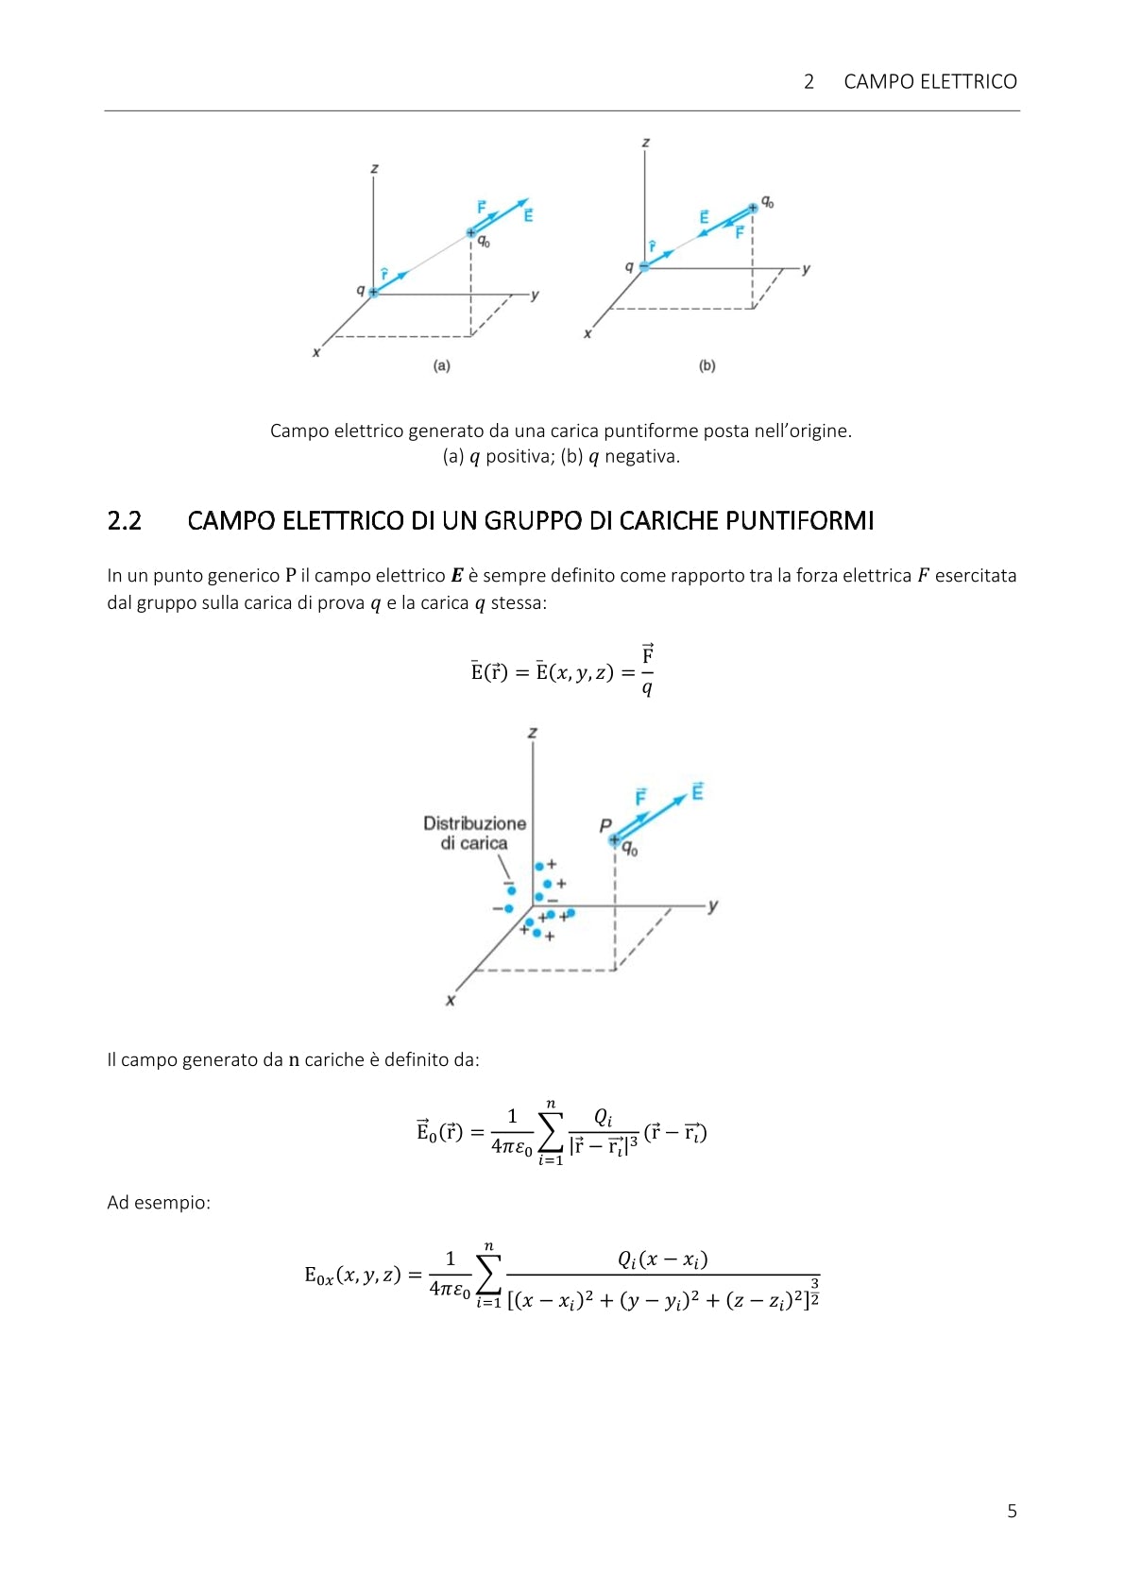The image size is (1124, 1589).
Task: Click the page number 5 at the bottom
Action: click(x=1012, y=1511)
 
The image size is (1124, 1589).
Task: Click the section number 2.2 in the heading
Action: click(x=125, y=521)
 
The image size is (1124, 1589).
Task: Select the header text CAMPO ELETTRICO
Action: click(x=929, y=82)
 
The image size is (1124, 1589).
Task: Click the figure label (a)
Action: click(x=441, y=365)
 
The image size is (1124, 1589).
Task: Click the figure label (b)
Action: click(x=707, y=365)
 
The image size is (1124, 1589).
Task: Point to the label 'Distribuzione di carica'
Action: click(x=474, y=833)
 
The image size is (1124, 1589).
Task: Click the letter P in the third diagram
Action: click(x=605, y=825)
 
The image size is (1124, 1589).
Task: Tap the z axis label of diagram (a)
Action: click(x=374, y=169)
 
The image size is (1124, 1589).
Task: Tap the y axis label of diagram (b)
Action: click(x=806, y=269)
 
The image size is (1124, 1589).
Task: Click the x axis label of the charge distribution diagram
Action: click(x=451, y=1000)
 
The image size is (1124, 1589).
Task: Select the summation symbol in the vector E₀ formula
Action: click(x=550, y=1132)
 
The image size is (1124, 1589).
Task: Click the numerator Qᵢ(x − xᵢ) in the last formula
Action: click(x=662, y=1259)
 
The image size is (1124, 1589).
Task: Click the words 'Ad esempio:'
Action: click(x=159, y=1203)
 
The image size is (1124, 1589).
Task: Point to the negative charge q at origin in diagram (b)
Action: click(x=644, y=267)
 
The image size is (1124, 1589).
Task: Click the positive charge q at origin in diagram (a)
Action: click(x=373, y=293)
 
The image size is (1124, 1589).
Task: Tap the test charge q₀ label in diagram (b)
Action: click(x=768, y=202)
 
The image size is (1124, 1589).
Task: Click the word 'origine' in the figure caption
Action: click(x=814, y=431)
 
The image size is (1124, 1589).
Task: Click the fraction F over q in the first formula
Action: click(x=647, y=671)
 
